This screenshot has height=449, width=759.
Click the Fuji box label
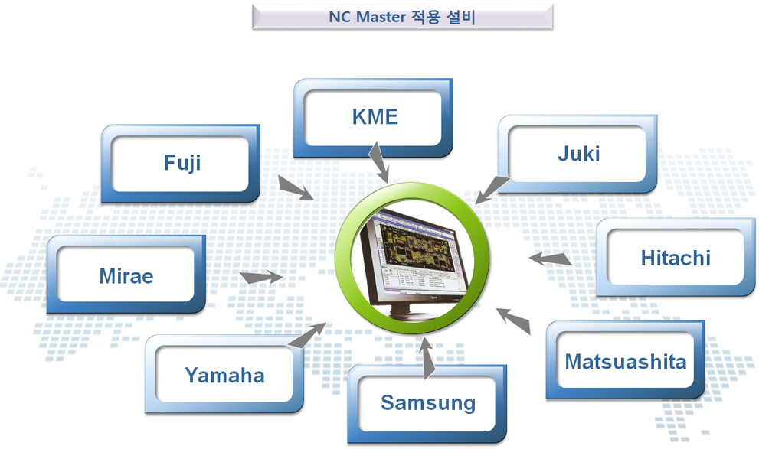tap(182, 162)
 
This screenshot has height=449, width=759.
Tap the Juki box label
tap(578, 153)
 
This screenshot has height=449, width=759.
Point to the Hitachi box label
tap(676, 257)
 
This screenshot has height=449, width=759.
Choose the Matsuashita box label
tap(626, 360)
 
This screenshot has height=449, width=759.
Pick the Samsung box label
tap(428, 402)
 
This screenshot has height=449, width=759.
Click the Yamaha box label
tap(224, 375)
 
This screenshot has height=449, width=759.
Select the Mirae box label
tap(126, 275)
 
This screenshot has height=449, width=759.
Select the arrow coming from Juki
tap(491, 187)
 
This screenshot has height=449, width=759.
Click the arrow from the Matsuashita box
tap(514, 320)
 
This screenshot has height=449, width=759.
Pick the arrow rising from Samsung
tap(427, 355)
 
